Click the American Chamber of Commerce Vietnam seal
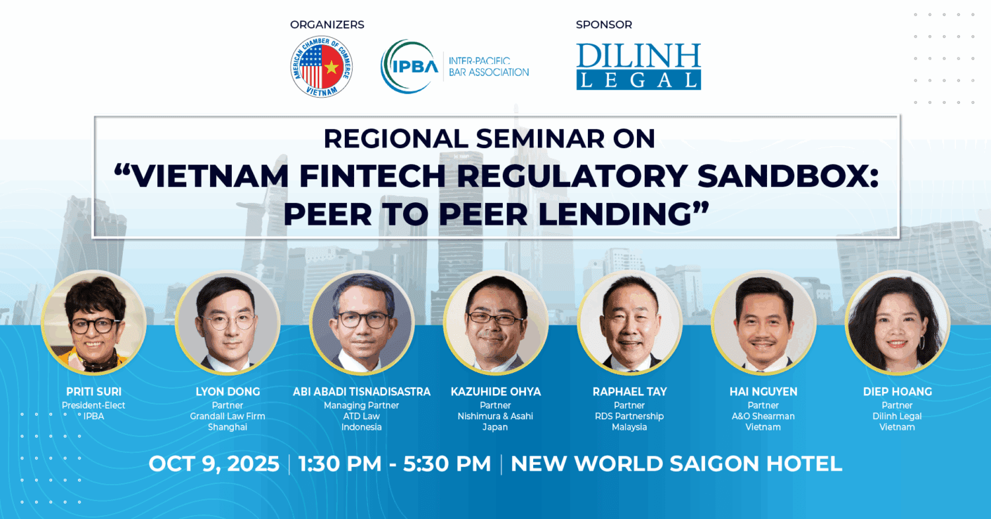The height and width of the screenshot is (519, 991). [321, 66]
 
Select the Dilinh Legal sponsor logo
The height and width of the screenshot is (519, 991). [638, 66]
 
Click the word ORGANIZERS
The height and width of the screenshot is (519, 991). [327, 25]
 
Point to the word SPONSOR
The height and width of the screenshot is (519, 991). [604, 25]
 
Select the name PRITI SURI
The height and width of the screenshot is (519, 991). [94, 392]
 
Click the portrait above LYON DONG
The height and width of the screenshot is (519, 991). [228, 323]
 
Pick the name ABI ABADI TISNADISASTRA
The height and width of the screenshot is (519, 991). [361, 392]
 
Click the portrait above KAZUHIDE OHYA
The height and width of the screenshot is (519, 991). [495, 323]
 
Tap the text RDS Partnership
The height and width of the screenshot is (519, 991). [629, 417]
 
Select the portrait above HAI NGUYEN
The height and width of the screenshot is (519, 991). [763, 323]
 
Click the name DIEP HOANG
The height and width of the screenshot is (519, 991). [897, 392]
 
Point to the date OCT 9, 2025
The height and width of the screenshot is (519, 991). [214, 464]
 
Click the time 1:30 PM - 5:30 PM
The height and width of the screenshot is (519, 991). [394, 464]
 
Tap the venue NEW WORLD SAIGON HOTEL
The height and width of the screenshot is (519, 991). [677, 464]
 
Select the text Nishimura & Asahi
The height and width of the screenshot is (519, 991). [495, 417]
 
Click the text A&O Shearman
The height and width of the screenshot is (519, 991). [763, 417]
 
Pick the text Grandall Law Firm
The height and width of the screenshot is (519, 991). [228, 417]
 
